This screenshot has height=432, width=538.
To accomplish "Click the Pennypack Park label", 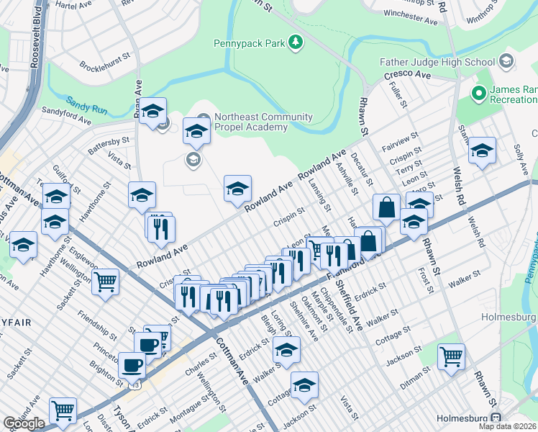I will click(x=249, y=43).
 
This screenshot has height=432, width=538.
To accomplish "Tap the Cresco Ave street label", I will click(x=407, y=75).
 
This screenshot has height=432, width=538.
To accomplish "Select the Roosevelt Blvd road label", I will click(x=36, y=43).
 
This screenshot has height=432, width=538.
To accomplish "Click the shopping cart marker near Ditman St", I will click(x=451, y=355).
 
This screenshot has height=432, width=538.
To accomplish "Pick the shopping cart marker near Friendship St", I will click(x=106, y=282).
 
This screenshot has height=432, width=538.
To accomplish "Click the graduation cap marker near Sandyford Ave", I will click(x=152, y=112).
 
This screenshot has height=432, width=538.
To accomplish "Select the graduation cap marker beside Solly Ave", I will click(x=482, y=150).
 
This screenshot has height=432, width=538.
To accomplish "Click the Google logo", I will click(x=24, y=423).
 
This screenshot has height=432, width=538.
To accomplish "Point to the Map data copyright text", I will click(x=507, y=426).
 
